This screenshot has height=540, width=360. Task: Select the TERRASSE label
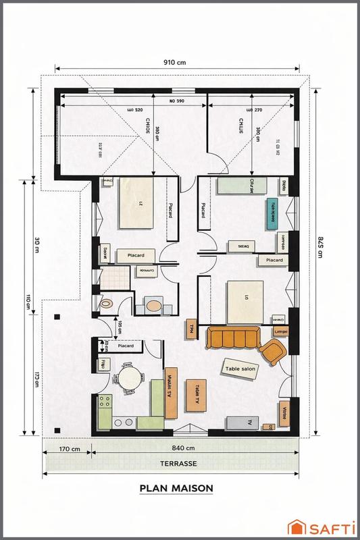(179, 464)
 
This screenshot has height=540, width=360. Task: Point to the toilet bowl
(107, 304)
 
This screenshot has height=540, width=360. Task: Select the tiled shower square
(116, 275)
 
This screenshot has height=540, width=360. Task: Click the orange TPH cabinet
(192, 329)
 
